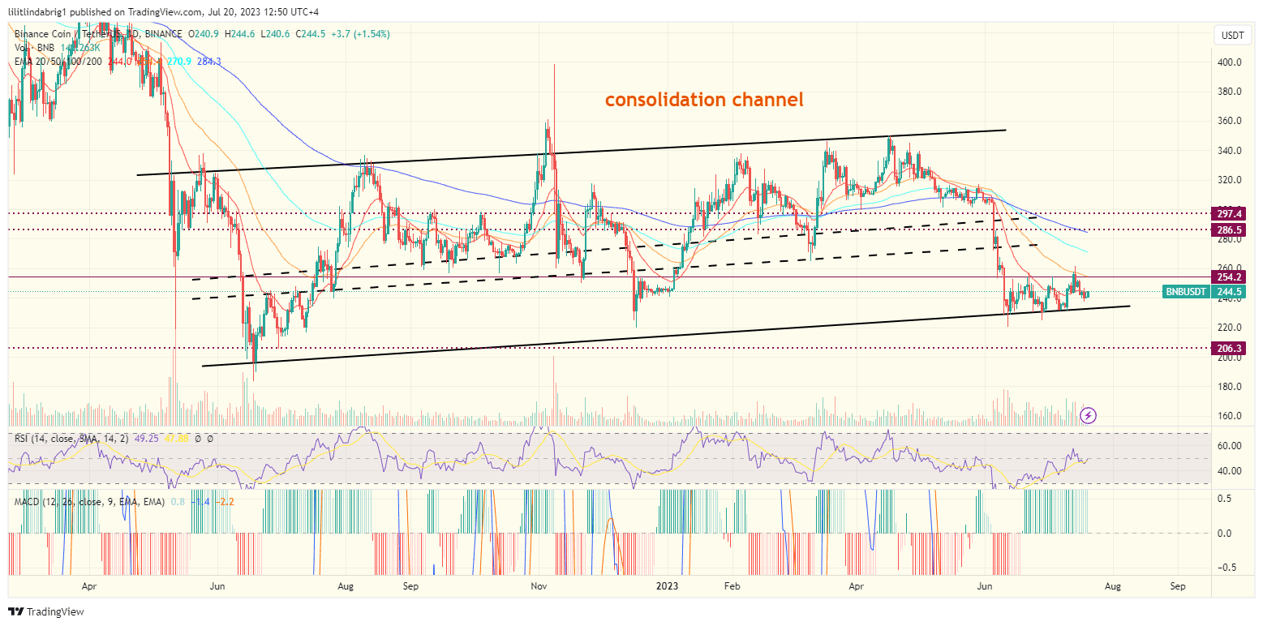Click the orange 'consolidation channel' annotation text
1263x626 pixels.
pyautogui.click(x=704, y=100)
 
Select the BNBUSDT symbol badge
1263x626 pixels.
pyautogui.click(x=1187, y=292)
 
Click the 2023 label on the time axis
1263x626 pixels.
pyautogui.click(x=667, y=585)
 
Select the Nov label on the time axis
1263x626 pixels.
pyautogui.click(x=539, y=585)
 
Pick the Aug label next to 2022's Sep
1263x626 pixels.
pyautogui.click(x=346, y=585)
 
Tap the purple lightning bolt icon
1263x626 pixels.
pyautogui.click(x=1089, y=415)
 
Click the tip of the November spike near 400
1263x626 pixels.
pyautogui.click(x=554, y=65)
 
